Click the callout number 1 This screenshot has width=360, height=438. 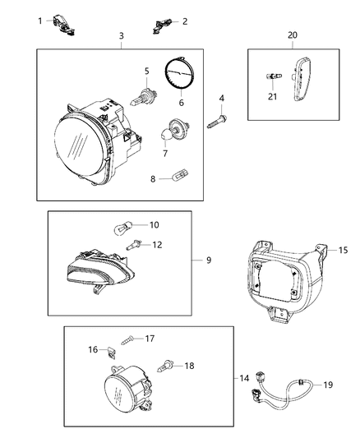pos(39,21)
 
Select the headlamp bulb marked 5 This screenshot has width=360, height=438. pos(121,36)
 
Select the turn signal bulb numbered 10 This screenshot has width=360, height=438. pos(132,224)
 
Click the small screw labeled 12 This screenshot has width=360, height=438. pos(133,243)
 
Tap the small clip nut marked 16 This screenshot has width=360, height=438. pos(110,352)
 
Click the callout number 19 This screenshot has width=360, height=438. pos(327,384)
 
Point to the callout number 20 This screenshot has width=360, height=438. pos(292,35)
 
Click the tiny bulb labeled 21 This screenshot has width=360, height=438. pos(270,76)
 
